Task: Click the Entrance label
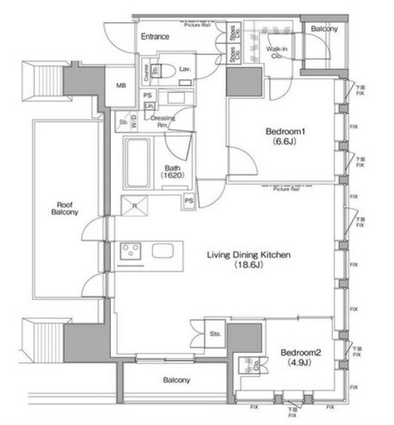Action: tap(156, 38)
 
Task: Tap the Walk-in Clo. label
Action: tap(277, 55)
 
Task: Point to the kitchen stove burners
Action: tap(132, 251)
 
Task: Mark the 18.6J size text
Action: tap(251, 267)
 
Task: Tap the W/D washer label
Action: tap(132, 120)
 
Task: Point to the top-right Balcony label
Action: tap(324, 29)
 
